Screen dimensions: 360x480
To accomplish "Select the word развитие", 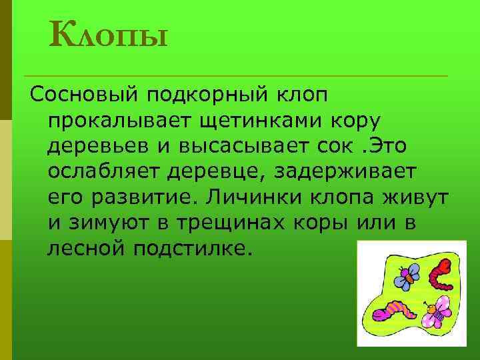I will pyautogui.click(x=141, y=197).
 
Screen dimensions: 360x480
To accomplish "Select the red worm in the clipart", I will pyautogui.click(x=440, y=271).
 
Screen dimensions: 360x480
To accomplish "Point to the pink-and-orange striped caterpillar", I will pyautogui.click(x=393, y=311).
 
